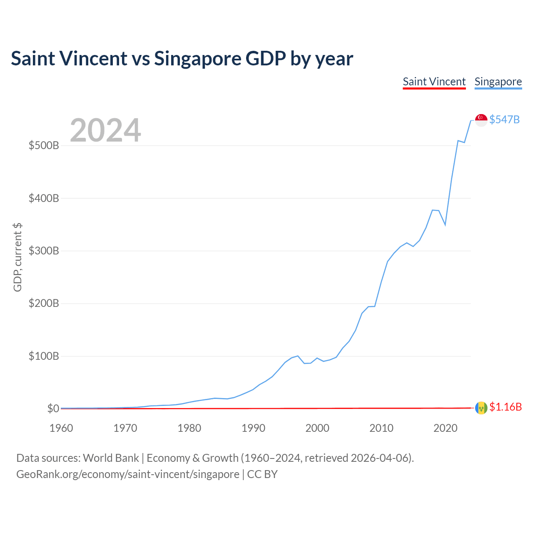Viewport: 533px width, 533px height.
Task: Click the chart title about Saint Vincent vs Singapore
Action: click(182, 59)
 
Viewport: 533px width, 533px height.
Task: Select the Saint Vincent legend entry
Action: click(434, 82)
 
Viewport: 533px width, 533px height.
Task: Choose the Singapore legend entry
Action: click(498, 82)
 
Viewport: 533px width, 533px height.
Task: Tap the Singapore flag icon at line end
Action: click(481, 120)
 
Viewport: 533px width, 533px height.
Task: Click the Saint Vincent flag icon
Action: click(481, 408)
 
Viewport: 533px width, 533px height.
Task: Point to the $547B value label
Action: click(505, 120)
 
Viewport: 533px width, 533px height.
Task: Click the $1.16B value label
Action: click(506, 407)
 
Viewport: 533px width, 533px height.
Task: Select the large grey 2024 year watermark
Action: click(105, 130)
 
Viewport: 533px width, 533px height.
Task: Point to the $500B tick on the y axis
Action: click(44, 145)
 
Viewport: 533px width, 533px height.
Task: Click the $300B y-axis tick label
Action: click(44, 251)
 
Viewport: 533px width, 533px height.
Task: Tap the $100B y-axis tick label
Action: click(44, 356)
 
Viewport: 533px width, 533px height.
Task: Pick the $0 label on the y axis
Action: click(53, 408)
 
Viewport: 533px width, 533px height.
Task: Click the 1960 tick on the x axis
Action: click(61, 428)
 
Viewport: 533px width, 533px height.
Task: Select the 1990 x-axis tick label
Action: click(253, 428)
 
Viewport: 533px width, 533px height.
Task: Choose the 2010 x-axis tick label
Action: click(381, 428)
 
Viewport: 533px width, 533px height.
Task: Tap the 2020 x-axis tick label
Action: click(445, 428)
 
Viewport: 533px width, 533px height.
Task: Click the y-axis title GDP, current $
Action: click(17, 257)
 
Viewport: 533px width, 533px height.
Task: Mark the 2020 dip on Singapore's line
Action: click(445, 224)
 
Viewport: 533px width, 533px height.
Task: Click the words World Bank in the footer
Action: click(111, 458)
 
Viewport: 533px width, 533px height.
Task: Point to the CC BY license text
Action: click(262, 474)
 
